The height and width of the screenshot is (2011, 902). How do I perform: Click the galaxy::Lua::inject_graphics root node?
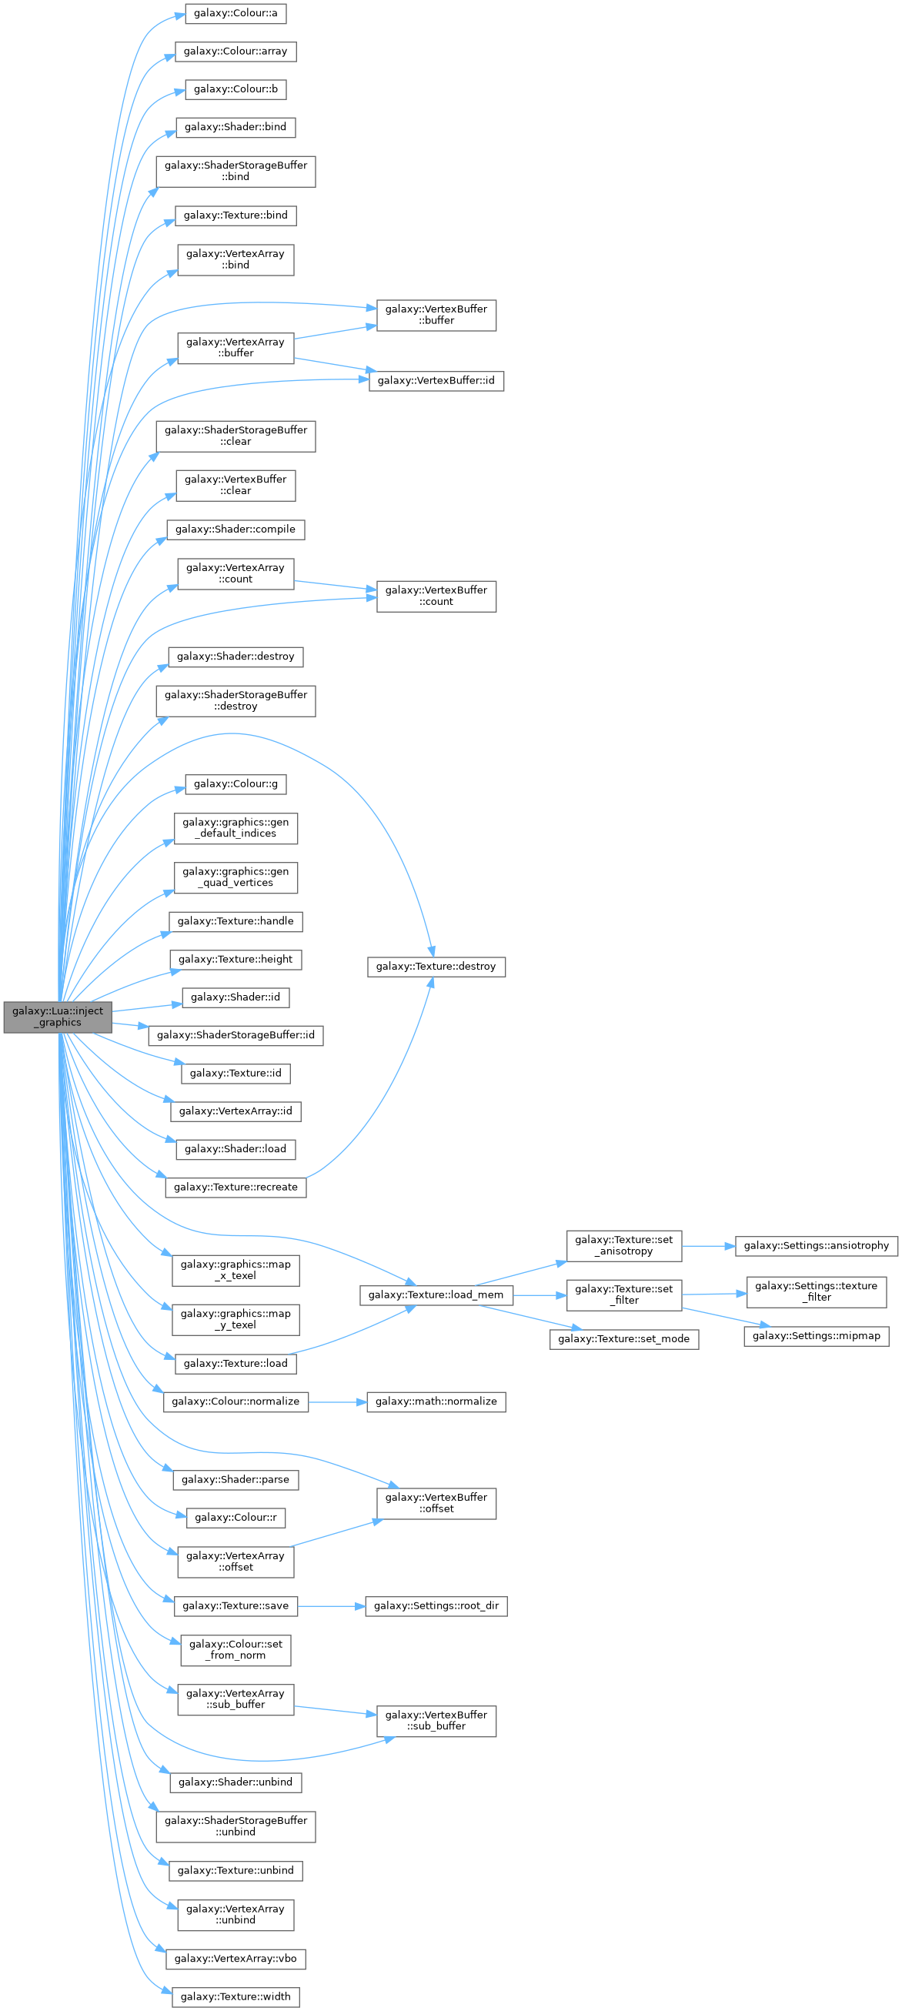click(58, 1017)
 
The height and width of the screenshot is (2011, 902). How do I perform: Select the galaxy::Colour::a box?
click(235, 13)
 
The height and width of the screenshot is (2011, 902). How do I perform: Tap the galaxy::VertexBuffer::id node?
click(436, 381)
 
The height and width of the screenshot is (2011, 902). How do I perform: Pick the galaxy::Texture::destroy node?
click(436, 967)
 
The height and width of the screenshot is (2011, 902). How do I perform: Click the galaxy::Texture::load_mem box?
click(436, 1295)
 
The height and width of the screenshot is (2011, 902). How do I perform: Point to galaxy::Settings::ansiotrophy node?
click(816, 1246)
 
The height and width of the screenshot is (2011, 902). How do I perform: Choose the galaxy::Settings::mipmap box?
click(816, 1337)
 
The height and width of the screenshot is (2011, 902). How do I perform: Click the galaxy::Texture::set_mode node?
click(623, 1340)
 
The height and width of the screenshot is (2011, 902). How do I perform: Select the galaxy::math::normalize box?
click(436, 1402)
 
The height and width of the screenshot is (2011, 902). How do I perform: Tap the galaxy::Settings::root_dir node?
click(436, 1606)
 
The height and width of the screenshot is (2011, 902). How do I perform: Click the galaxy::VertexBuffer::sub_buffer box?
click(436, 1721)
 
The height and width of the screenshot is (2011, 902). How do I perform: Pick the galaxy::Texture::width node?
click(235, 1997)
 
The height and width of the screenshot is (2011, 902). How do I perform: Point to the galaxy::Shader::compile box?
click(235, 529)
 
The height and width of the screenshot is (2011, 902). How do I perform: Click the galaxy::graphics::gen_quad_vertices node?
click(235, 877)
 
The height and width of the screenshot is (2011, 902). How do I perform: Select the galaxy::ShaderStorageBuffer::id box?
click(235, 1035)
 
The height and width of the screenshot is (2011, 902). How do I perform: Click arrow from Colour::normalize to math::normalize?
click(337, 1402)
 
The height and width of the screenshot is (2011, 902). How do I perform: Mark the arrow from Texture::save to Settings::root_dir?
click(331, 1606)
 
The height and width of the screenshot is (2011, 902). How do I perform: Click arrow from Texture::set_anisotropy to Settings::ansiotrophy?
click(708, 1246)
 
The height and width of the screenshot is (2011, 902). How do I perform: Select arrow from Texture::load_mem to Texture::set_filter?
click(540, 1295)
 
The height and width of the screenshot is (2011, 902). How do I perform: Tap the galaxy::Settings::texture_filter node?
click(816, 1292)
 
